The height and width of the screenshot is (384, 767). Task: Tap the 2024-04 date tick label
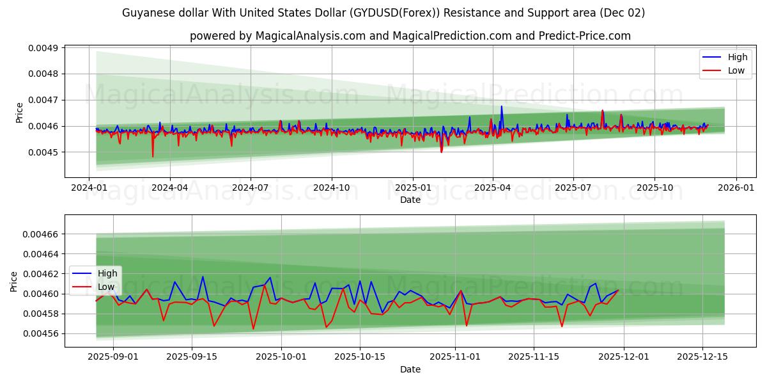pos(170,188)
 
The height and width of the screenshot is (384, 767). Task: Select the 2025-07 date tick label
pos(573,188)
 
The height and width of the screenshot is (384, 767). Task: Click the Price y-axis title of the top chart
pos(19,113)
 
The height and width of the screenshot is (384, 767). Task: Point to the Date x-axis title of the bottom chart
pos(410,369)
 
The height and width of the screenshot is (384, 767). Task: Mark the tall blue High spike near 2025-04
pos(501,107)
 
